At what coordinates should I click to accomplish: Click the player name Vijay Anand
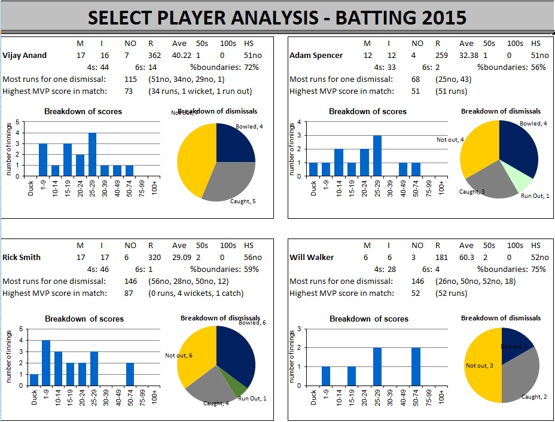pyautogui.click(x=25, y=56)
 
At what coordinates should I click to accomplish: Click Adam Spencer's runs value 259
pyautogui.click(x=443, y=56)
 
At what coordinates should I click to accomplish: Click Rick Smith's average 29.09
pyautogui.click(x=181, y=258)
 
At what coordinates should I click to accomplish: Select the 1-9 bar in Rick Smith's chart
pyautogui.click(x=46, y=363)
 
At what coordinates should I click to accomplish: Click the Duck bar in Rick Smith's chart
pyautogui.click(x=33, y=380)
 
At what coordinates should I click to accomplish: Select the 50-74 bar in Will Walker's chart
pyautogui.click(x=416, y=366)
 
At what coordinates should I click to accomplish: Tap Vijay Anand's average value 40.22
pyautogui.click(x=182, y=56)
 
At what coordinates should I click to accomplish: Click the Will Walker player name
pyautogui.click(x=311, y=258)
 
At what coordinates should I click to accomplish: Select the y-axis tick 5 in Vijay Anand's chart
pyautogui.click(x=17, y=121)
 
